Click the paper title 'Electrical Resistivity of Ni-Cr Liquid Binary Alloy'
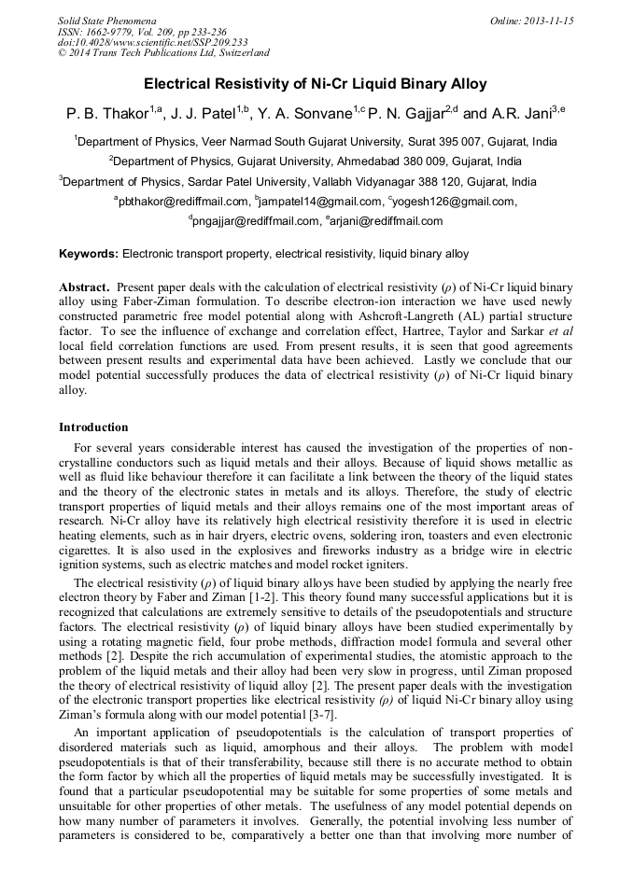tap(316, 84)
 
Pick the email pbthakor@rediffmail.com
tap(185, 201)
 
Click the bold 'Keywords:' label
tap(89, 254)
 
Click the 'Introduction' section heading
tap(93, 427)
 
